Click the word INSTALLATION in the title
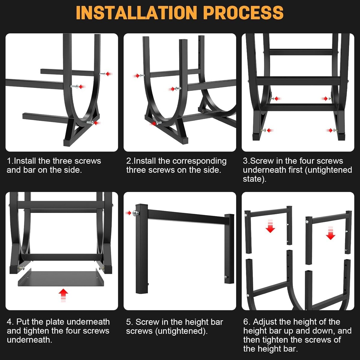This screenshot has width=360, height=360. (x=136, y=13)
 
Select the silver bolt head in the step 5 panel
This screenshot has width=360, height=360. (x=135, y=213)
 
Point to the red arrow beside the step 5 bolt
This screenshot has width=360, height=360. (x=128, y=213)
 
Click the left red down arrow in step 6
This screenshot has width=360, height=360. (x=270, y=226)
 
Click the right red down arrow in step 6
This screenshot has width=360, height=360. (x=331, y=233)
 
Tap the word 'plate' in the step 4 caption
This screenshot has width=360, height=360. (x=55, y=322)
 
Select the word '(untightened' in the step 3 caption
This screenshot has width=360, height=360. (x=328, y=170)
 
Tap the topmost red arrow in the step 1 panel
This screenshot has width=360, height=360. (x=109, y=74)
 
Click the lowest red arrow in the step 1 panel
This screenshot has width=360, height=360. (x=97, y=123)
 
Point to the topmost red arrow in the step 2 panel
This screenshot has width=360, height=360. (x=136, y=76)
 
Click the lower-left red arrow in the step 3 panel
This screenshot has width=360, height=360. (x=270, y=130)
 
